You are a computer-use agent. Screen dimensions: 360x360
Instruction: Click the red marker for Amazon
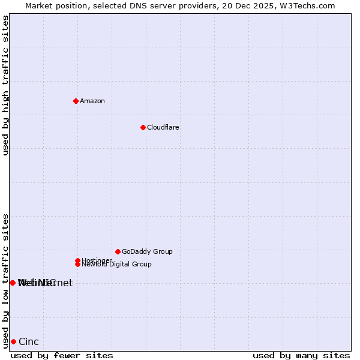(76, 101)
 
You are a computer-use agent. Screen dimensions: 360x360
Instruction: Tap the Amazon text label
(92, 101)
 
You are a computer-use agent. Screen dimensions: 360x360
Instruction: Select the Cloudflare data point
(143, 127)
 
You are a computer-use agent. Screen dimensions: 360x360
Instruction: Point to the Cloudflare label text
(163, 127)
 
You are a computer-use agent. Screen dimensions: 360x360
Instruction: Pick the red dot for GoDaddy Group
(118, 251)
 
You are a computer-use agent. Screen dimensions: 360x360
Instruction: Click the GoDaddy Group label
(147, 251)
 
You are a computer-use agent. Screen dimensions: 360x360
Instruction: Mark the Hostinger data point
(77, 260)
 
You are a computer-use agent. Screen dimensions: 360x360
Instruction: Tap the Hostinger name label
(97, 260)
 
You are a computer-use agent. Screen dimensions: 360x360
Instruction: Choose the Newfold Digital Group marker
(77, 264)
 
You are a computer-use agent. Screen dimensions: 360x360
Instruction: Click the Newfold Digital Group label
(117, 265)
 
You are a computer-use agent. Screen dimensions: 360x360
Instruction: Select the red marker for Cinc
(13, 341)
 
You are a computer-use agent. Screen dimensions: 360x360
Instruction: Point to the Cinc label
(29, 342)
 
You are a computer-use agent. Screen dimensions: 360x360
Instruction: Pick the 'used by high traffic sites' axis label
(6, 85)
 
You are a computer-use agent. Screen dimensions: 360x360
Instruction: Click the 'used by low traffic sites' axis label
(6, 281)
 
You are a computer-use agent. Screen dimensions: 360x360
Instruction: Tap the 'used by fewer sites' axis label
(62, 355)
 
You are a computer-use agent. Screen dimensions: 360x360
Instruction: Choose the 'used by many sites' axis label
(301, 355)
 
